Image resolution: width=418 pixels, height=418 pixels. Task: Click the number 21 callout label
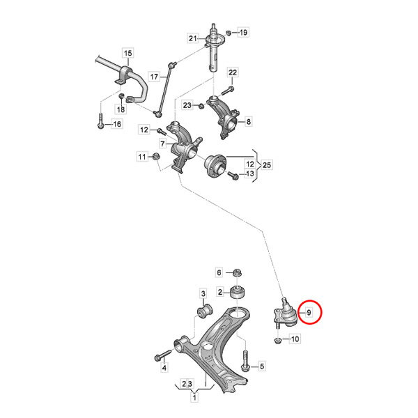[193, 38]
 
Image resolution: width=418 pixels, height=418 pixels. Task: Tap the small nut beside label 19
[229, 33]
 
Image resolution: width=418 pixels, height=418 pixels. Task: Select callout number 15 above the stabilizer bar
[128, 53]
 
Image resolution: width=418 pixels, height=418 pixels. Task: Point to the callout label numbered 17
[154, 77]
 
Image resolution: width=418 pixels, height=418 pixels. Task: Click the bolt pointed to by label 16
[101, 121]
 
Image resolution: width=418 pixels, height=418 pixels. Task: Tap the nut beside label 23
[201, 106]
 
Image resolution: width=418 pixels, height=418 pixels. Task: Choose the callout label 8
[249, 121]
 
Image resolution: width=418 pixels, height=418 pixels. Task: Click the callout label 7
[162, 144]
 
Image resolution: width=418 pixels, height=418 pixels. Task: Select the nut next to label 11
[155, 156]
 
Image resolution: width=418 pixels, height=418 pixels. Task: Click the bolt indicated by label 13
[233, 175]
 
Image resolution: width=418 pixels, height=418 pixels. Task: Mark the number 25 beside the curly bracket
[267, 165]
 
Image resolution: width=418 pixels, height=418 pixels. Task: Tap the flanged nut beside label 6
[237, 272]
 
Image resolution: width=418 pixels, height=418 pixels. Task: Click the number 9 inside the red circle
[309, 312]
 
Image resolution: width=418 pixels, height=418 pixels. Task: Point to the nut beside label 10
[277, 341]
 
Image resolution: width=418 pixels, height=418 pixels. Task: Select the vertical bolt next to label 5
[245, 361]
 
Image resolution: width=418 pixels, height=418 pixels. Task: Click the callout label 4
[164, 368]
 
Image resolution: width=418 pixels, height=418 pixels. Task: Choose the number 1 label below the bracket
[194, 398]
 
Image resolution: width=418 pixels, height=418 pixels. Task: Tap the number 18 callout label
[121, 109]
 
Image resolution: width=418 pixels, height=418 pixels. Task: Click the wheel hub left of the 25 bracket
[215, 166]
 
